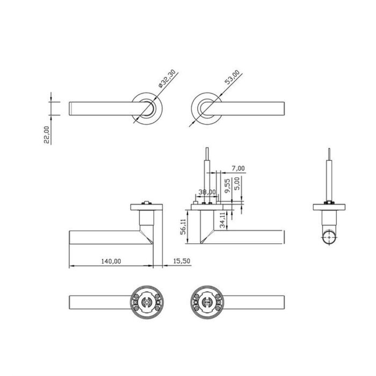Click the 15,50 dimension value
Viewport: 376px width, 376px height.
(180, 261)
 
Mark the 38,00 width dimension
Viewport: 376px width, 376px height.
(207, 192)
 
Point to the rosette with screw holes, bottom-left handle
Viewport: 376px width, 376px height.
(147, 304)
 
